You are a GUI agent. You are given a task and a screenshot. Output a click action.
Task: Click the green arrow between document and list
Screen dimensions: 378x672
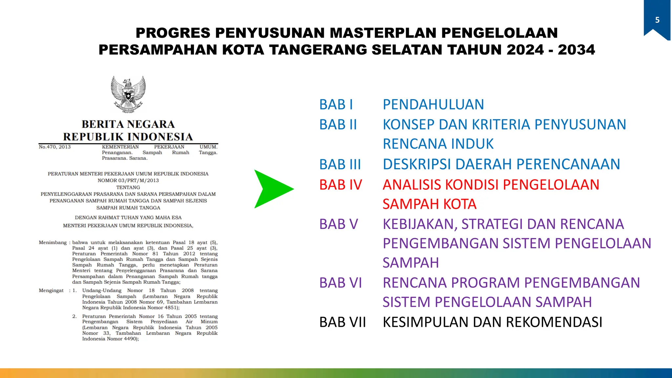pos(272,189)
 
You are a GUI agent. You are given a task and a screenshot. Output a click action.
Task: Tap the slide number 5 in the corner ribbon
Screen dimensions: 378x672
pos(657,20)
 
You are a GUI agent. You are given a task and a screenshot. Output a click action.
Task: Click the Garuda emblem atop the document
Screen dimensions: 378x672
pos(128,94)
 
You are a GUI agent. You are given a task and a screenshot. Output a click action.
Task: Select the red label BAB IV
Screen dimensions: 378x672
pos(341,185)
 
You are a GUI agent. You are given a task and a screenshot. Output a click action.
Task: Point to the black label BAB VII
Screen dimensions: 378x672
pos(343,322)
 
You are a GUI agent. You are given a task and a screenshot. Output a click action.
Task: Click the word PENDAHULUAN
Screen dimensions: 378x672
pos(433,105)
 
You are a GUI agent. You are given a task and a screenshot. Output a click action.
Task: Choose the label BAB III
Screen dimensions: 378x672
pos(340,164)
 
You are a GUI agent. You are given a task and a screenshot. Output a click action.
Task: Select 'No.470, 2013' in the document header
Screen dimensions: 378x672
pos(55,147)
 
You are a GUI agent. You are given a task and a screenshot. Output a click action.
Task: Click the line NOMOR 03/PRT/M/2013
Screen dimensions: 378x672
pos(128,180)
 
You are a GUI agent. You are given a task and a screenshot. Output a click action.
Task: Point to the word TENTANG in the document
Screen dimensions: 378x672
pos(128,187)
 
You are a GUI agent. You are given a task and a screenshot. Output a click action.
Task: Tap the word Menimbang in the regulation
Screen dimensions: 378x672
pos(53,242)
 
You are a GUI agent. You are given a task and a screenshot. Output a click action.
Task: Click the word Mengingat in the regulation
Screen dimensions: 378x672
pos(51,290)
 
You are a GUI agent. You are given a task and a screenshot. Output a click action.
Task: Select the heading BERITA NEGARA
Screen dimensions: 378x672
pos(128,124)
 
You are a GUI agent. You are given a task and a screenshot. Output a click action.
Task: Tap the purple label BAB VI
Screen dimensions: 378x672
pos(341,283)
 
